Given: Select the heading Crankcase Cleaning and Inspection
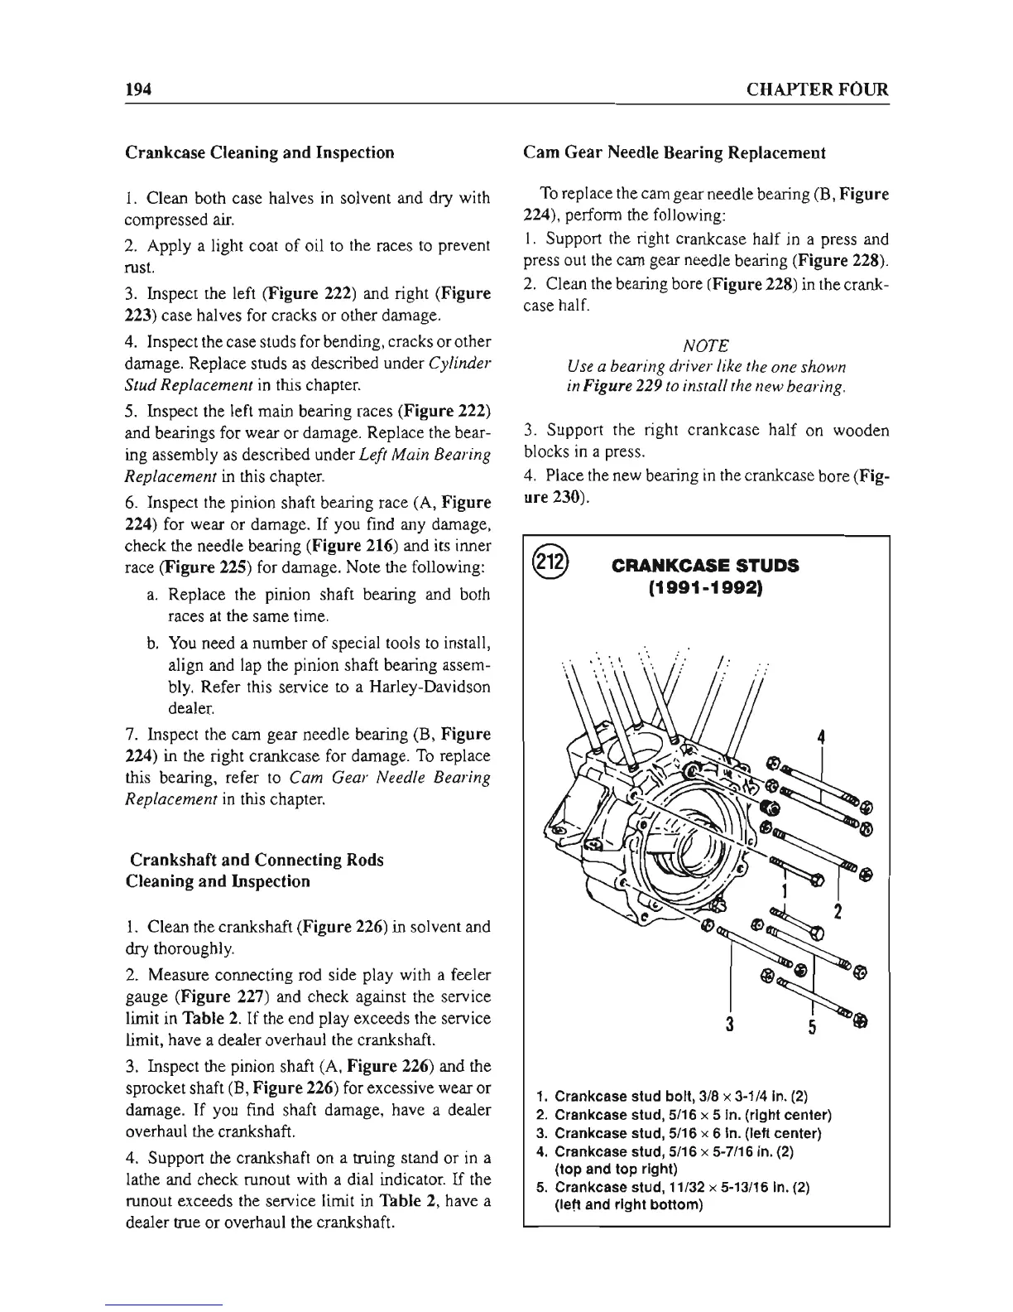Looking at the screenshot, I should coord(259,152).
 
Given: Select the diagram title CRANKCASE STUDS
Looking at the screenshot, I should coord(705,566).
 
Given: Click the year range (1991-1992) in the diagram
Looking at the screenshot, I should coord(705,588).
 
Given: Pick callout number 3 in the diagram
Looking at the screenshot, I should coord(730,1022).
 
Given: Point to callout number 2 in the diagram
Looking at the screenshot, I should coord(838,913).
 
